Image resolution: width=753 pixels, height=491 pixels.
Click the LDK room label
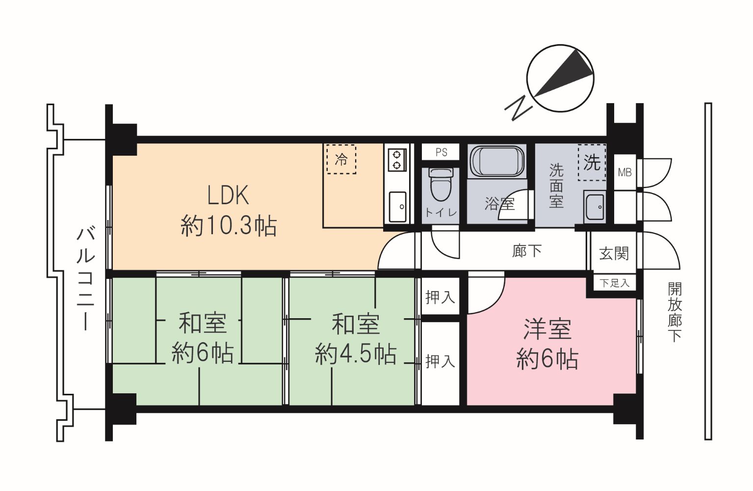(x=228, y=195)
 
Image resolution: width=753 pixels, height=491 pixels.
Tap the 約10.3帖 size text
(x=229, y=226)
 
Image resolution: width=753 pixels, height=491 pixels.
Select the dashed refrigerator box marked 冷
(x=341, y=159)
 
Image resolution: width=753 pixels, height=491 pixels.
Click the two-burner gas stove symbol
(x=397, y=160)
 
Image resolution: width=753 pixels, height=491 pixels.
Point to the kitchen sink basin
(x=397, y=207)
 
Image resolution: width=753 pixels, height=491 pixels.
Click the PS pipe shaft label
(x=441, y=152)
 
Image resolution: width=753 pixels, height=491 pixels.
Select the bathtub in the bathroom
(x=497, y=162)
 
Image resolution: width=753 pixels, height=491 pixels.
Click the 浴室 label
(x=499, y=203)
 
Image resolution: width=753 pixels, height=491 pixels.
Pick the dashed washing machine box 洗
(x=592, y=163)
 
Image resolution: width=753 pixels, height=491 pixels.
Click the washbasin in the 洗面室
(x=595, y=207)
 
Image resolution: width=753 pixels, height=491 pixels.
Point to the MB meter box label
(x=625, y=173)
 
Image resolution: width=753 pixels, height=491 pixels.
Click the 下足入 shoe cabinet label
(x=615, y=283)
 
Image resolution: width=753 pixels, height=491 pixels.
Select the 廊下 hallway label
(x=527, y=251)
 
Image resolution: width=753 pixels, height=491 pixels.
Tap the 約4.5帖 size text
(x=356, y=354)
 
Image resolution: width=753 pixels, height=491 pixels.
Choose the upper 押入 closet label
(x=440, y=298)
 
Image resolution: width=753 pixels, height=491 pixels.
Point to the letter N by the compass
(x=519, y=108)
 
